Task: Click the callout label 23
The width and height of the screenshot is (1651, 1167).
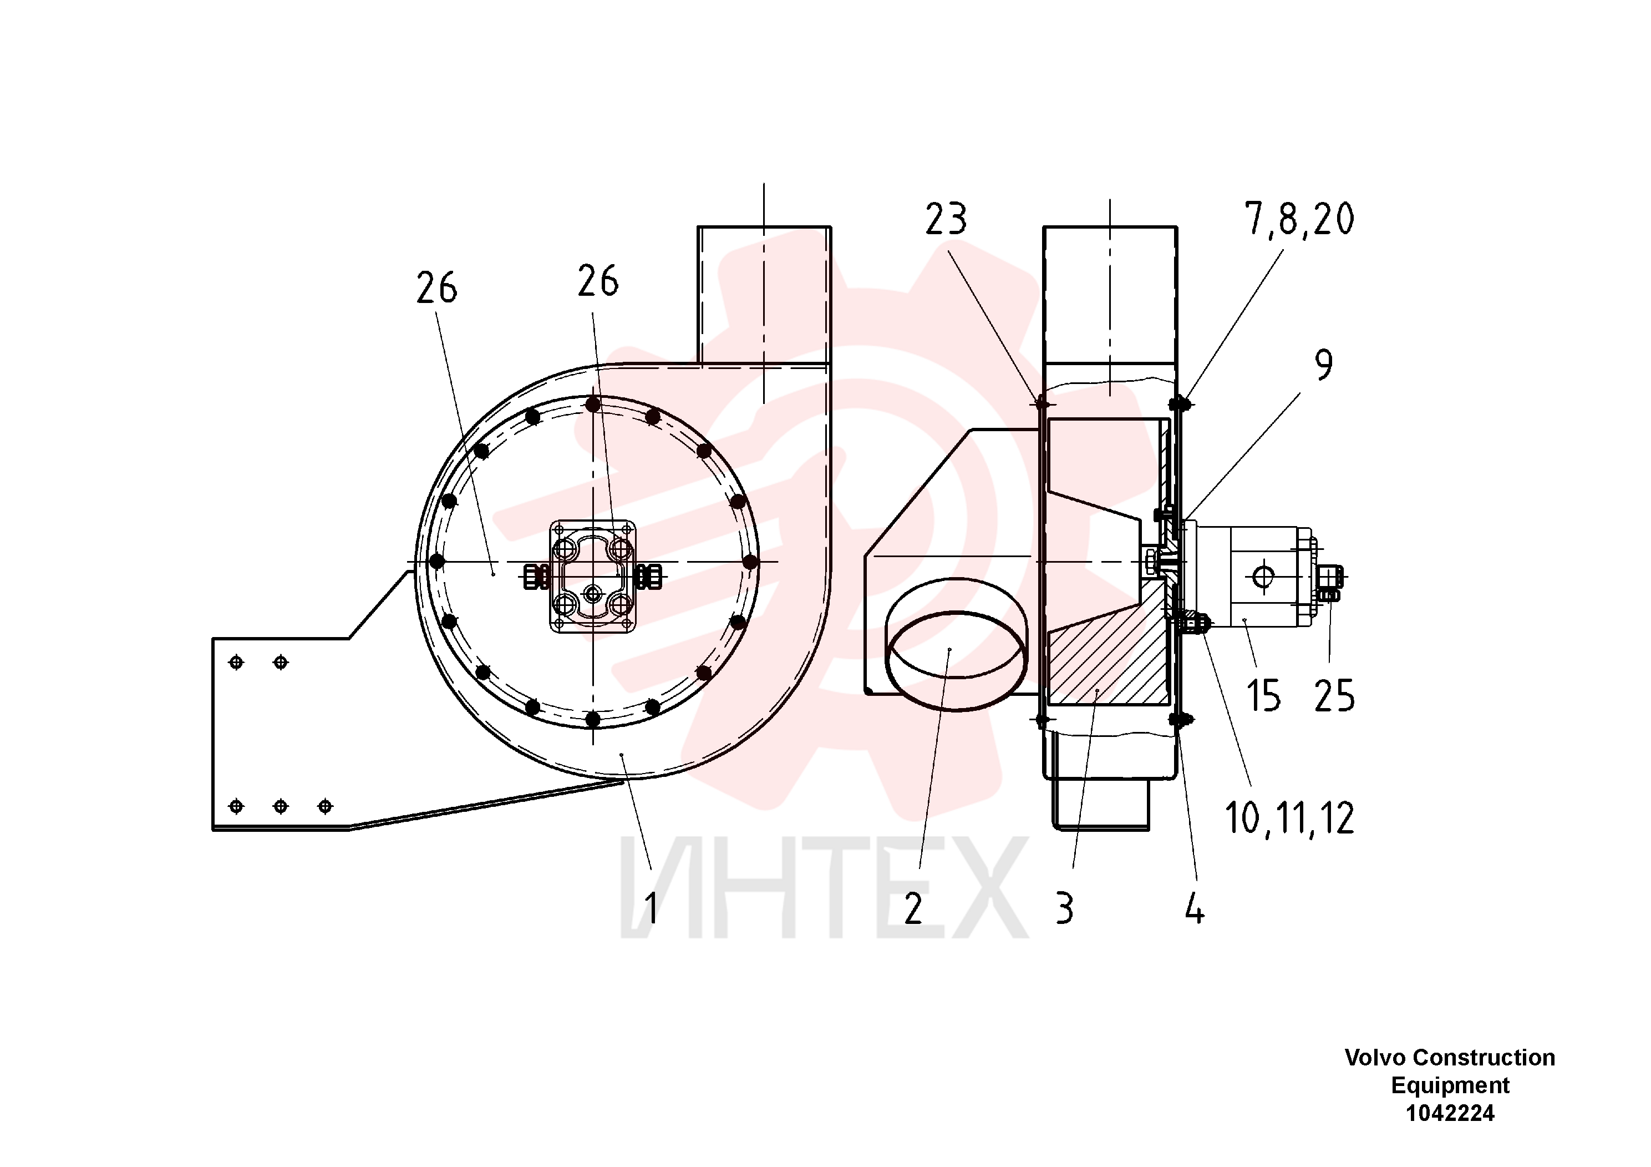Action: pyautogui.click(x=946, y=219)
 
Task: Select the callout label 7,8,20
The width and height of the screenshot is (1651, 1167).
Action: pyautogui.click(x=1299, y=219)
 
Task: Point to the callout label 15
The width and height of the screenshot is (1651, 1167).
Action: pyautogui.click(x=1263, y=696)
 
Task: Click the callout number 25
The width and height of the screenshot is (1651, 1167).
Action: pyautogui.click(x=1334, y=696)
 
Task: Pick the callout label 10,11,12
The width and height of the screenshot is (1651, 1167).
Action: pyautogui.click(x=1289, y=818)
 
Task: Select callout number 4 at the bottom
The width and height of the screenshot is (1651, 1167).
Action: pyautogui.click(x=1195, y=909)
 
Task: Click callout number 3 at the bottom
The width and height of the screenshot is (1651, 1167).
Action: pyautogui.click(x=1065, y=909)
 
